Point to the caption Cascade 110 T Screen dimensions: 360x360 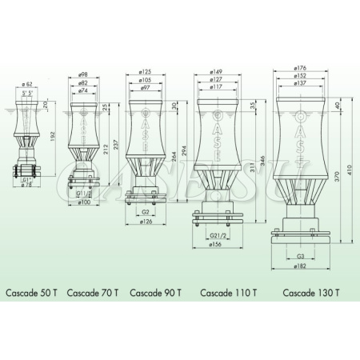(228, 293)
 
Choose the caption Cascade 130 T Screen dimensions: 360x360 (310, 293)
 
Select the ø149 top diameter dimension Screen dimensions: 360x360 (215, 70)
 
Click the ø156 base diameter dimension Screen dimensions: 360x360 (215, 246)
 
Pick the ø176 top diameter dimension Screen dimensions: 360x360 (301, 69)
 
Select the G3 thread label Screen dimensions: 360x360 (301, 257)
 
